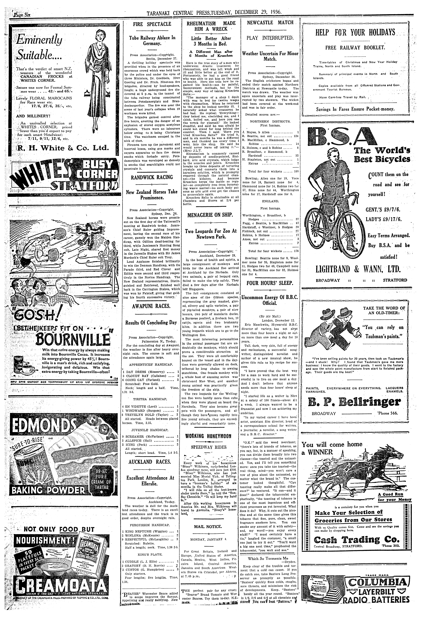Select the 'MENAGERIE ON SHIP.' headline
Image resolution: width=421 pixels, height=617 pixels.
pyautogui.click(x=211, y=215)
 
